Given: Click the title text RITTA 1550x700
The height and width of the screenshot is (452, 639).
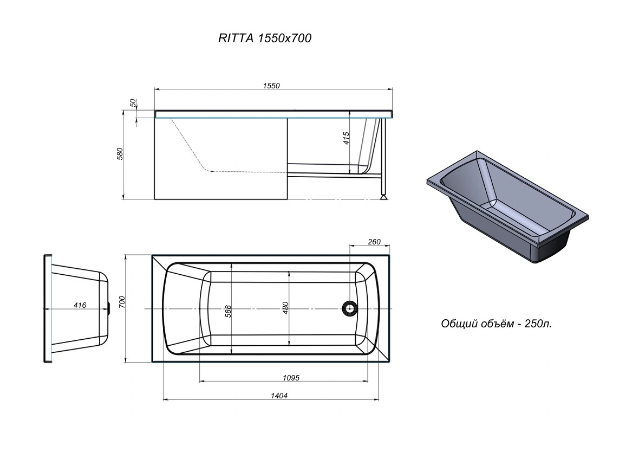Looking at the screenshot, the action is [x=265, y=38].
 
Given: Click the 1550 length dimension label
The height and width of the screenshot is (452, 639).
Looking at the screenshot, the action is [x=271, y=86].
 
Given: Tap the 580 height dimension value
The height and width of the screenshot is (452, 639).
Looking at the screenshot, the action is [x=120, y=154].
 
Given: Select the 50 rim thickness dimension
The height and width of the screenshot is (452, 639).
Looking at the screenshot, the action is [x=133, y=103].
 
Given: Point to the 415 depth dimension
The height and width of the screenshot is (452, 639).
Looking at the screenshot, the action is [x=347, y=138].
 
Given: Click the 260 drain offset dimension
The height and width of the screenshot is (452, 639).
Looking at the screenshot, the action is [x=374, y=242].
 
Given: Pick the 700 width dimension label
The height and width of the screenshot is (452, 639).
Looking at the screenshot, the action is [x=122, y=302].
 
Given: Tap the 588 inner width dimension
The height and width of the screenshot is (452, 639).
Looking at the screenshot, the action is [x=228, y=312].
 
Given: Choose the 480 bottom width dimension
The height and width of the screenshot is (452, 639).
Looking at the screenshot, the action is [x=285, y=308].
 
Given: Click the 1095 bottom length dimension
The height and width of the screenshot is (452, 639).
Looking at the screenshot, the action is [x=291, y=378].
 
